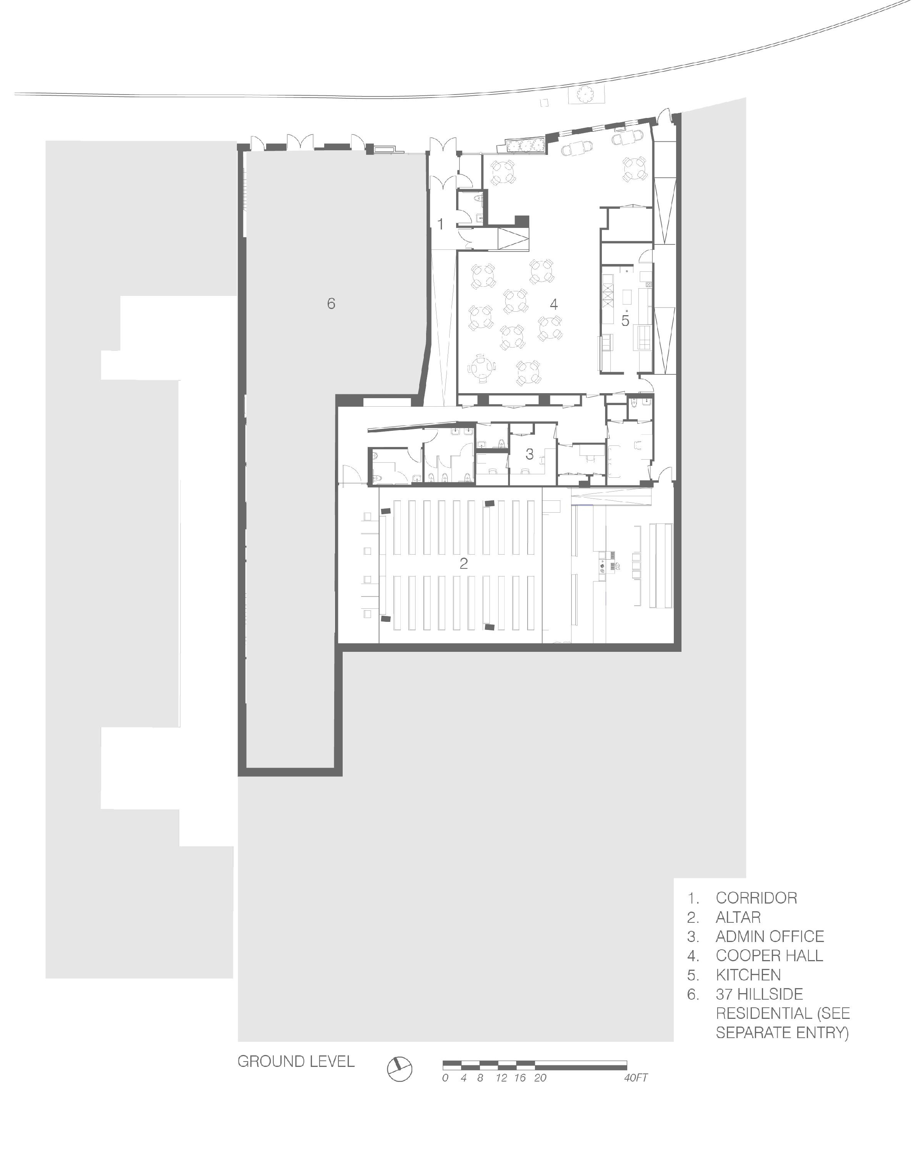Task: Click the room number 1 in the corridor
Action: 440,224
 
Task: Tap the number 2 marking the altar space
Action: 463,563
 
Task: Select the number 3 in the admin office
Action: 529,454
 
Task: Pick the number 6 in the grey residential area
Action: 331,304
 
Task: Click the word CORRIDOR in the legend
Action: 756,898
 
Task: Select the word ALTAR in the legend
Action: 738,917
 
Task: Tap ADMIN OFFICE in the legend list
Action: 770,936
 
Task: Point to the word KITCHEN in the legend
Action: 748,975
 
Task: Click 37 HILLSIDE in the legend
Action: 759,994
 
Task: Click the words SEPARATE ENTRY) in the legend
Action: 782,1033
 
